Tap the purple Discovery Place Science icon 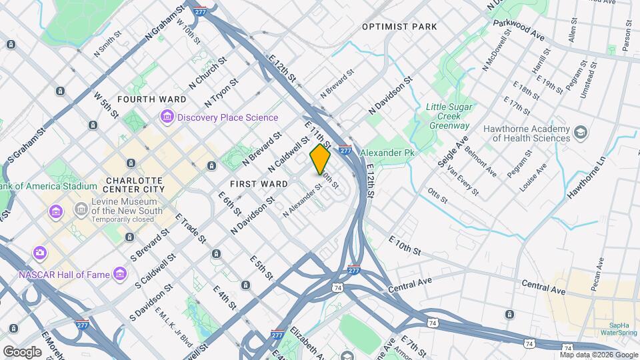[167, 118]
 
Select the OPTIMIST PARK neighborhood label [399, 27]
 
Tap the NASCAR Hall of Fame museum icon [120, 273]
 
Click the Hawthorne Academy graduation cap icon [581, 133]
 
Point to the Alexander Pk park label [387, 153]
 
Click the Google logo [22, 351]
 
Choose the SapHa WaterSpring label [619, 328]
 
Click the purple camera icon [40, 252]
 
